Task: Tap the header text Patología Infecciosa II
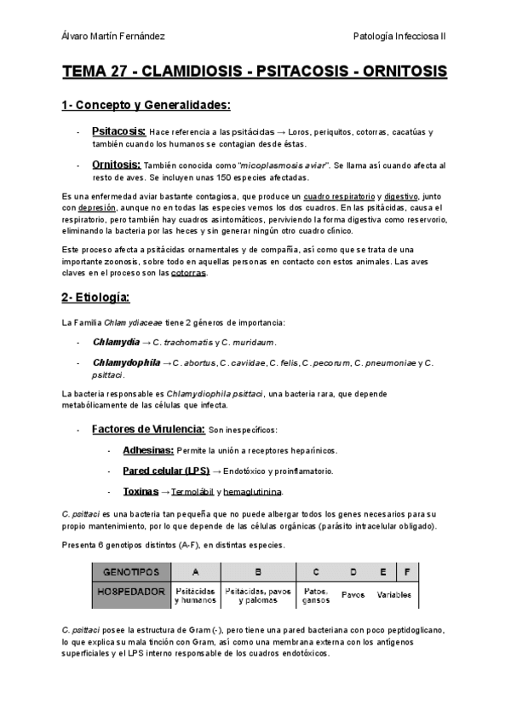click(405, 36)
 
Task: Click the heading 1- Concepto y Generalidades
click(146, 105)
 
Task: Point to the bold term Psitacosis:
click(118, 132)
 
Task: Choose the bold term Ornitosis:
click(117, 165)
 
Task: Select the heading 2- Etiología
click(95, 298)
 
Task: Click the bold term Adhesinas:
click(148, 450)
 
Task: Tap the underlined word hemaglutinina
click(255, 492)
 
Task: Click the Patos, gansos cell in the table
click(316, 594)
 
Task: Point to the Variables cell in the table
click(393, 594)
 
